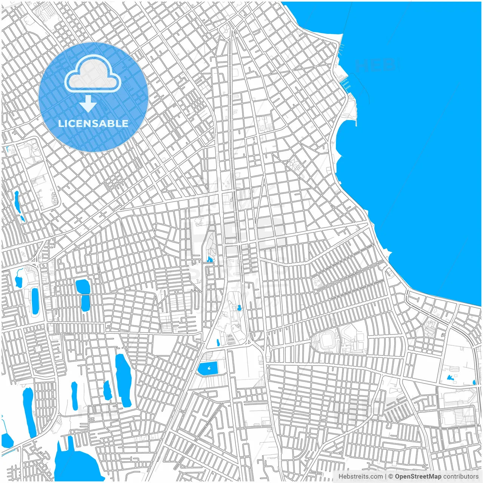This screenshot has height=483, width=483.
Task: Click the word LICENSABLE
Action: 93,123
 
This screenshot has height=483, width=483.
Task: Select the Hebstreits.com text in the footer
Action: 360,477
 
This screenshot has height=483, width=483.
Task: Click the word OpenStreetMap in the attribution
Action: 418,477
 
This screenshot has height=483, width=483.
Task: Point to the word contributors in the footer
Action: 461,477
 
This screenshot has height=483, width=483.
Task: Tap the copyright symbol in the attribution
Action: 391,477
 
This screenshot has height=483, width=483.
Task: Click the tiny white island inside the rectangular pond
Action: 210,367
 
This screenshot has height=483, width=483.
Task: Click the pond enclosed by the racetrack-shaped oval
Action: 35,301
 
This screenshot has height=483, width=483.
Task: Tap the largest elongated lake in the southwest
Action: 123,379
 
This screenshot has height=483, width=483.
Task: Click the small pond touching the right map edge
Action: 474,382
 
